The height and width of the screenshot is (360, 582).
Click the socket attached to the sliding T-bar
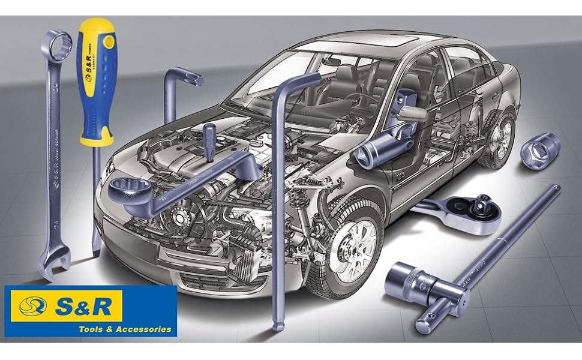(x=414, y=278)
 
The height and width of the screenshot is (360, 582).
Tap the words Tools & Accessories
(x=125, y=329)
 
